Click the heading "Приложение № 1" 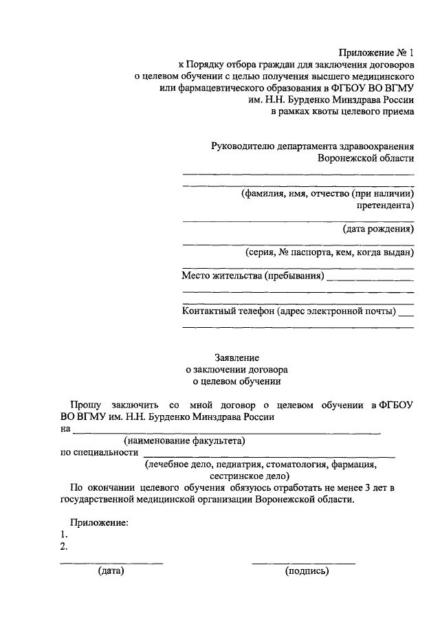377,53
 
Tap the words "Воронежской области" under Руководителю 366,158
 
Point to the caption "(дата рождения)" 378,230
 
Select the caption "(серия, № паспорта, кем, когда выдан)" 329,252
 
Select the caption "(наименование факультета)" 184,441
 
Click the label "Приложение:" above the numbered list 99,523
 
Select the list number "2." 64,546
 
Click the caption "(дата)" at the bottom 111,570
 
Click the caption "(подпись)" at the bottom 307,570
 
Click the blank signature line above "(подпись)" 303,563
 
